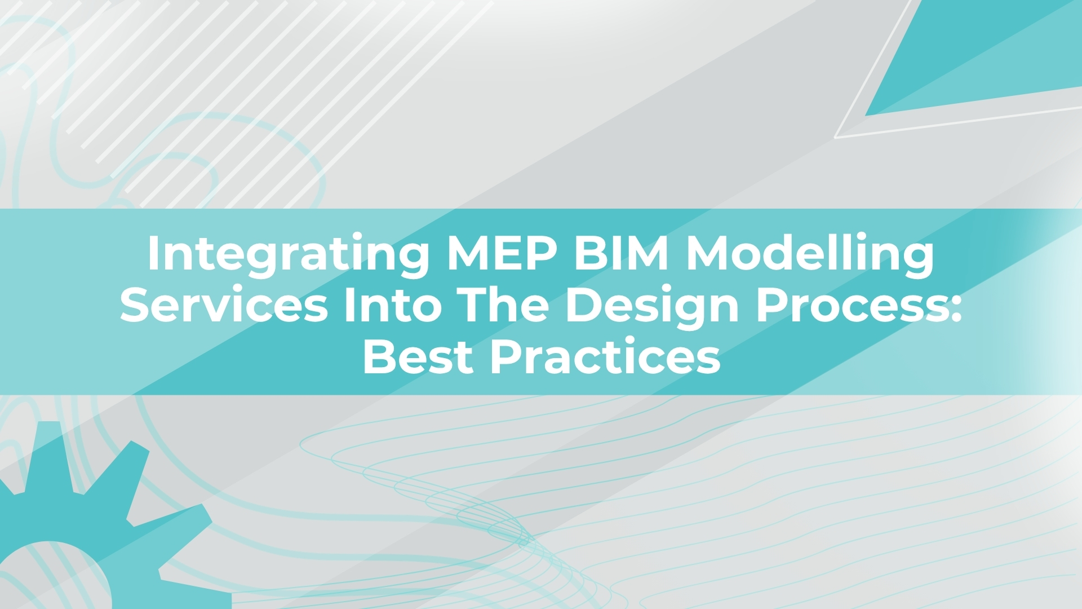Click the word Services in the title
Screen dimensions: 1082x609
pyautogui.click(x=224, y=304)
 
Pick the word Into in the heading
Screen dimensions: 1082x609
pyautogui.click(x=393, y=304)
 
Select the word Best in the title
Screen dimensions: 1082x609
pyautogui.click(x=418, y=356)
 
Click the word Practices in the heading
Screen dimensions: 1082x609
pyautogui.click(x=605, y=356)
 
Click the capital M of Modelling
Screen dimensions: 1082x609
pyautogui.click(x=706, y=253)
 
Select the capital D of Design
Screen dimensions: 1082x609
pyautogui.click(x=584, y=305)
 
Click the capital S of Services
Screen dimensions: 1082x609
pyautogui.click(x=136, y=305)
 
